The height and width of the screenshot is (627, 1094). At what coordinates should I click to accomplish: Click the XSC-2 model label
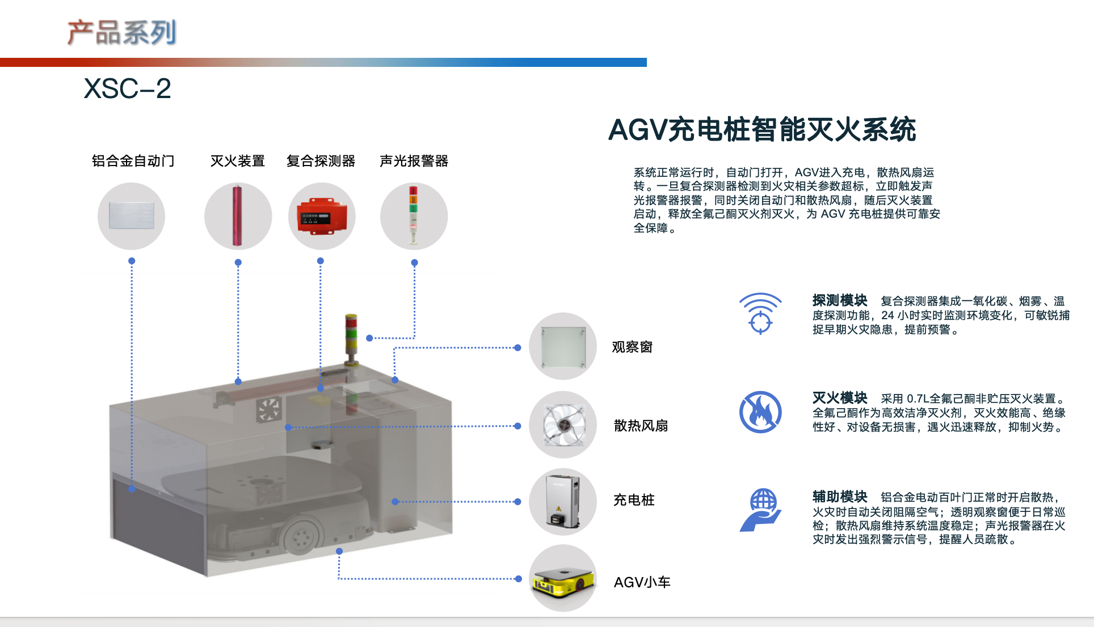pos(127,88)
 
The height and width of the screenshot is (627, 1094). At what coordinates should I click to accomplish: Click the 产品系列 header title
pos(122,32)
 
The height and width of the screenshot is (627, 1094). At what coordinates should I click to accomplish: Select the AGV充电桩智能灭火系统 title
pos(762,129)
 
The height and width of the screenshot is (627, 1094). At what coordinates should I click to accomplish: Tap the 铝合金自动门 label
pos(133,161)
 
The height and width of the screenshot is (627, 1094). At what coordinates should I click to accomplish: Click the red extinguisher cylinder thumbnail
pos(238,216)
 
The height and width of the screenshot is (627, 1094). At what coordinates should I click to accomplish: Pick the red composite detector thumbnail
pos(322,216)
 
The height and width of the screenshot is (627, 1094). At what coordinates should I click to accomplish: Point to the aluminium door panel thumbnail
pos(131,216)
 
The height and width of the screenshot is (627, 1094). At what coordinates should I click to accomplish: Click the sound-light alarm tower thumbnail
pos(414,216)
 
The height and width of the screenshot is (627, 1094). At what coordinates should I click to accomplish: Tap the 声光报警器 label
pos(414,161)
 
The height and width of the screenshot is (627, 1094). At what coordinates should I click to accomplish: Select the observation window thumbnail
pos(563,346)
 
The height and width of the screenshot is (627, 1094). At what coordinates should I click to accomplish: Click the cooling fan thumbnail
pos(563,425)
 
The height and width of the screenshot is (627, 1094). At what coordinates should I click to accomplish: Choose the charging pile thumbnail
pos(563,502)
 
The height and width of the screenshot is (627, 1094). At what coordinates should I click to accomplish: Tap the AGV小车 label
pos(642,582)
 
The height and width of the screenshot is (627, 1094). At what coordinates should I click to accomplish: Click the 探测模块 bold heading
pos(840,300)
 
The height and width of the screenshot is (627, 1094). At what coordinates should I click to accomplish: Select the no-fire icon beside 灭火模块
pos(760,412)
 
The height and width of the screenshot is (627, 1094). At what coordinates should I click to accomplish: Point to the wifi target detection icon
pos(760,313)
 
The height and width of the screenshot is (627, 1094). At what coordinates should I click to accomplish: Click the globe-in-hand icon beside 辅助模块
pos(760,510)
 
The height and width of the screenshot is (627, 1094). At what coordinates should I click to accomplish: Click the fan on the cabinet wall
pos(269,409)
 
